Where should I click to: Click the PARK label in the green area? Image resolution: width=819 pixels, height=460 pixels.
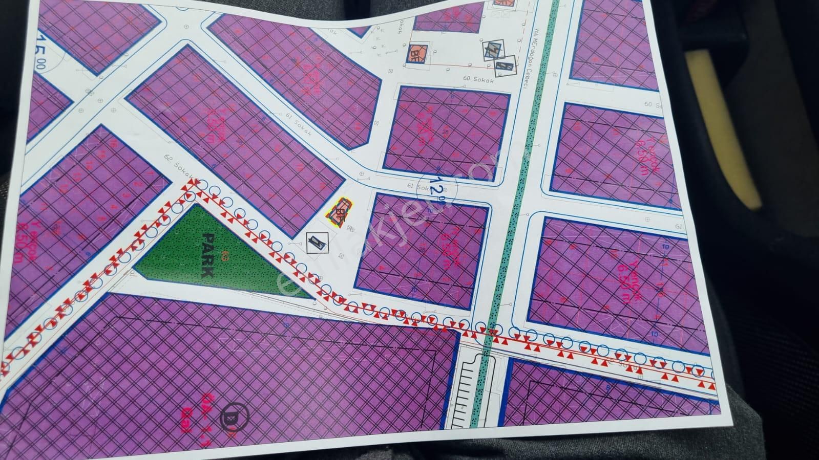point(208,255)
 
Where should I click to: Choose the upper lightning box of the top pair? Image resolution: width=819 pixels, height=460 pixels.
point(492,49)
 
